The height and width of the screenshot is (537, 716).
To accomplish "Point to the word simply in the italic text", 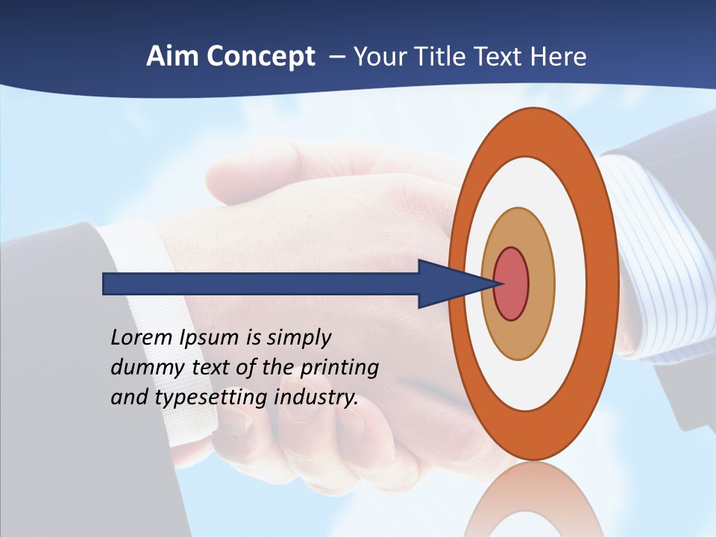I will tap(298, 338).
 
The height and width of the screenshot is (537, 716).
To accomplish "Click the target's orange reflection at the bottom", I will tap(533, 500).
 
